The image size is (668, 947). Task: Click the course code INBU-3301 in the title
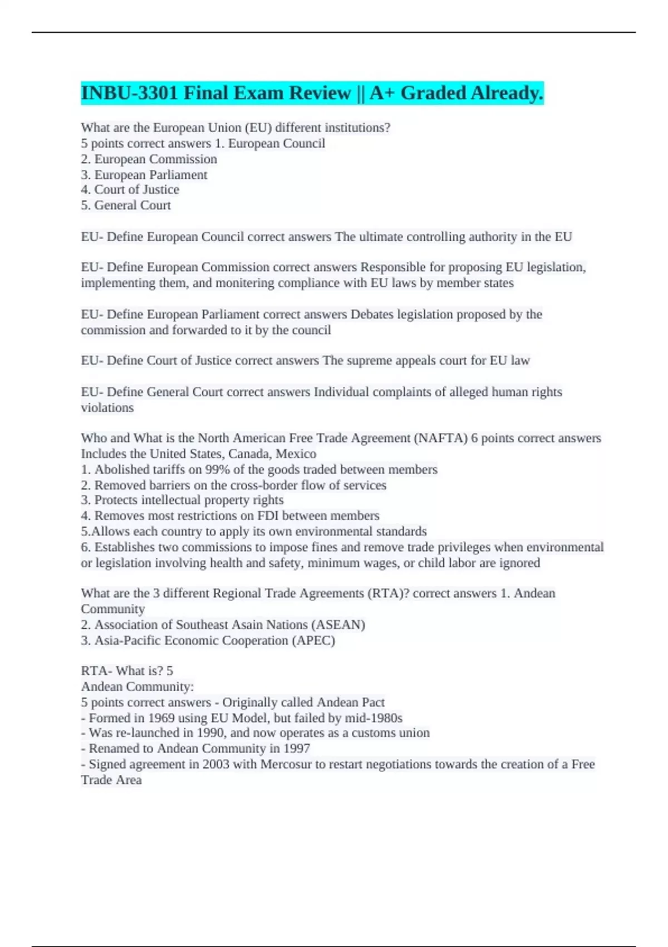coord(130,93)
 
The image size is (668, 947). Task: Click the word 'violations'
coord(107,408)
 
